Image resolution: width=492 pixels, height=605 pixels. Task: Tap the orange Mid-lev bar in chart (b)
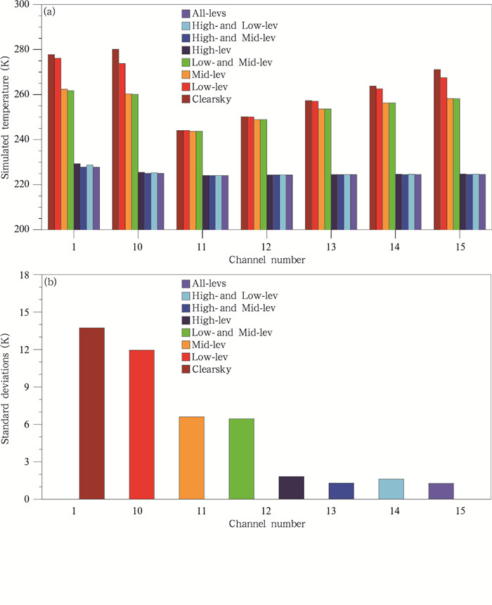(x=193, y=458)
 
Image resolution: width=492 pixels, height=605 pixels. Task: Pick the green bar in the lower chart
(x=242, y=459)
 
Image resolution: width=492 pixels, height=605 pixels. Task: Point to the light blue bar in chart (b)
(x=391, y=489)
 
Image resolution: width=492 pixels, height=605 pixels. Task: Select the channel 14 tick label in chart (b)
(x=391, y=512)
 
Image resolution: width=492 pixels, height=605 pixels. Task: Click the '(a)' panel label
(x=51, y=12)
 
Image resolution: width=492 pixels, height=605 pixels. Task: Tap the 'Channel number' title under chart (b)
(x=266, y=524)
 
